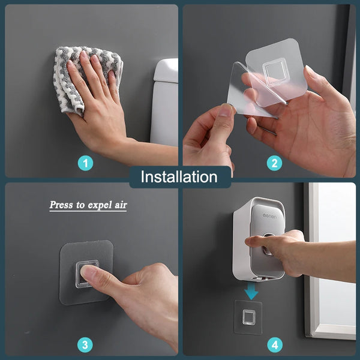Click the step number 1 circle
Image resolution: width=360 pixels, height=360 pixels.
click(x=86, y=163)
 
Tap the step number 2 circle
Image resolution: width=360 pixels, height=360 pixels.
click(x=274, y=163)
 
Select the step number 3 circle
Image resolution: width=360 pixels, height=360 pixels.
click(x=86, y=345)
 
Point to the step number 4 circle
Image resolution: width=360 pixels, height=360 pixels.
click(x=274, y=345)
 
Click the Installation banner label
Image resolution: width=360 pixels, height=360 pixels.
click(x=179, y=177)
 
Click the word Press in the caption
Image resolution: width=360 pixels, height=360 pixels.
click(x=61, y=205)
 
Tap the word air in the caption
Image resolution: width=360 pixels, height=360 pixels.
click(x=119, y=205)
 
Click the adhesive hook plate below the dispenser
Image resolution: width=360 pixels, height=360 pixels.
click(x=247, y=316)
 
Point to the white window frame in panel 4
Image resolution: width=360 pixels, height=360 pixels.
click(x=310, y=264)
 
